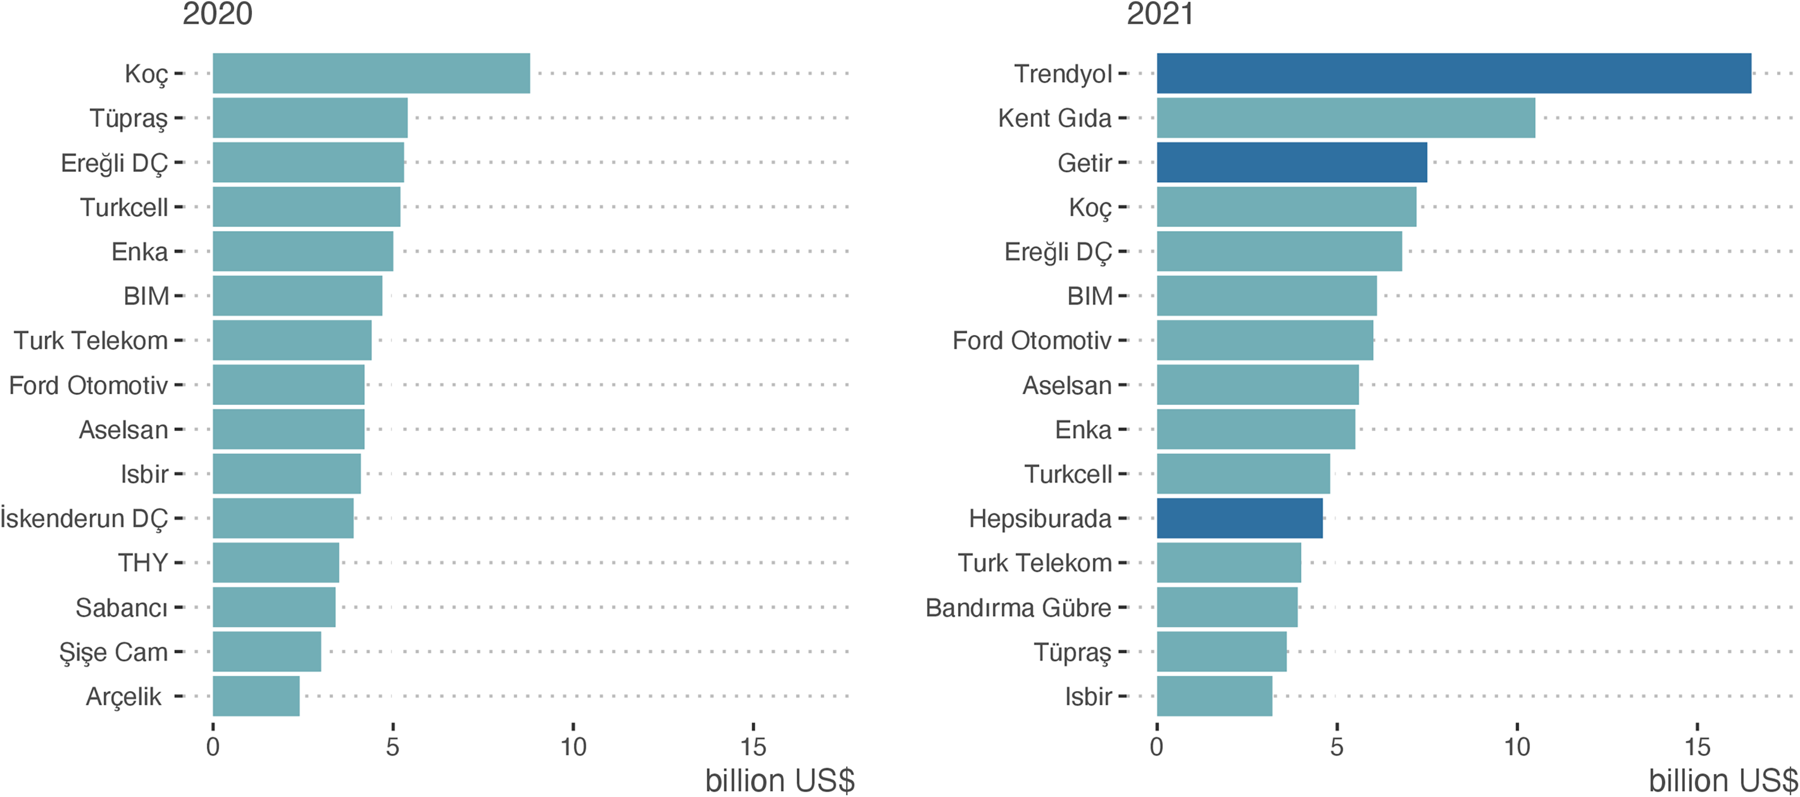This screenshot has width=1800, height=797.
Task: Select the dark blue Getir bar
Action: coord(1292,162)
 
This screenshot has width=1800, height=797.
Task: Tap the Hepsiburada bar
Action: coord(1240,518)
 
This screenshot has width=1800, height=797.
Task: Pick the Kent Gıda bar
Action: coord(1346,117)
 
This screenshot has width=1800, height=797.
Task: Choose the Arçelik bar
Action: coord(256,696)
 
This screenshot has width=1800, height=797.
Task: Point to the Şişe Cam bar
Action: coord(267,651)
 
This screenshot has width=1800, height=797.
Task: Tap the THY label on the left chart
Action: coord(143,563)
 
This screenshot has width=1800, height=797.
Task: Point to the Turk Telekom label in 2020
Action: coord(91,340)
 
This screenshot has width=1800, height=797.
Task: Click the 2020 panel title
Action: coord(217,14)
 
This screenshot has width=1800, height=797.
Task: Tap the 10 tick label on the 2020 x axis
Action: coord(573,747)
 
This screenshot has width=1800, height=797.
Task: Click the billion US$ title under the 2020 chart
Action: coord(780,781)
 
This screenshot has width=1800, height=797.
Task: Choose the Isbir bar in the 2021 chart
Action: coord(1214,696)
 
